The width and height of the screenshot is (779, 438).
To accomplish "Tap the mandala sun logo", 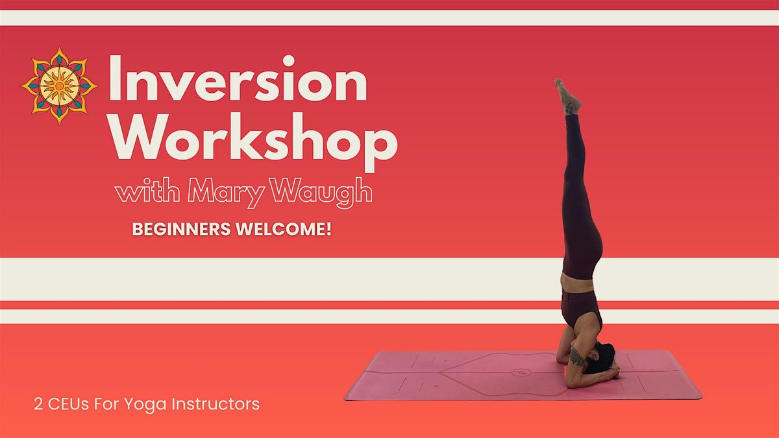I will (x=60, y=85).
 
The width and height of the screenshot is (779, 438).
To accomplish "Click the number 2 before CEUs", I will (x=38, y=404).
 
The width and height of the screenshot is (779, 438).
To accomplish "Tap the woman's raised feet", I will (x=567, y=96).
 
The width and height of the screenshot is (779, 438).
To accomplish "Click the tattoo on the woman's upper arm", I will (x=576, y=356).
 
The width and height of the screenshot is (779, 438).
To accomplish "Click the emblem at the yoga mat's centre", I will (x=519, y=372).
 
